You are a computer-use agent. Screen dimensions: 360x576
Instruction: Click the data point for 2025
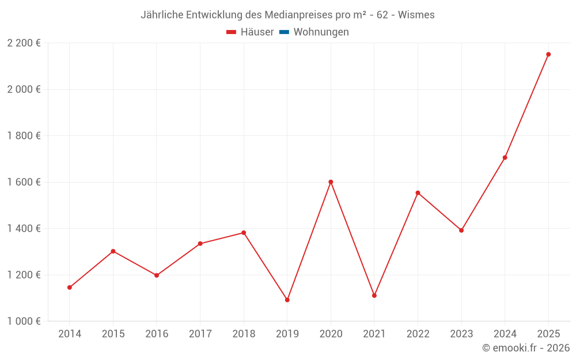[x=548, y=55]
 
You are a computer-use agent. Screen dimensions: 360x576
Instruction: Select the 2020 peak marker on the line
[x=331, y=182]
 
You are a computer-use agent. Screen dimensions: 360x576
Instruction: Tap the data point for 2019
[x=287, y=300]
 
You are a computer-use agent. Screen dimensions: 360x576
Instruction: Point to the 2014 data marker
[x=70, y=287]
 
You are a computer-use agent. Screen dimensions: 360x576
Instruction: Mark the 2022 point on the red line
[x=418, y=193]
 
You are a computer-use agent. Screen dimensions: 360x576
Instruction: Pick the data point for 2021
[x=374, y=295]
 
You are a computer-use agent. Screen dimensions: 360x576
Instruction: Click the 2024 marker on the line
[x=505, y=158]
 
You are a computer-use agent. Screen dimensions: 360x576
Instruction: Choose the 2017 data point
[x=200, y=244]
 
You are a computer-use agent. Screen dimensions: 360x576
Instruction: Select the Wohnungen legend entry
[x=321, y=32]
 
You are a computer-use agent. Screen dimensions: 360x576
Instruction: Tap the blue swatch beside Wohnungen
[x=284, y=32]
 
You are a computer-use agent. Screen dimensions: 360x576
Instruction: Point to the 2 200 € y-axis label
[x=24, y=43]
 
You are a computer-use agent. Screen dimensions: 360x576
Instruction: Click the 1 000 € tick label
[x=24, y=321]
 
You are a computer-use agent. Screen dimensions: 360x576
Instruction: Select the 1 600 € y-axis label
[x=24, y=182]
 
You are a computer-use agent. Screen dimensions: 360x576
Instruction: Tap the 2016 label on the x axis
[x=157, y=334]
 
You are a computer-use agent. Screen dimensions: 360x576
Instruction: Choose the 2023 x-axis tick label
[x=461, y=334]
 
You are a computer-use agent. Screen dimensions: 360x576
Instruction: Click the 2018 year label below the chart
[x=244, y=334]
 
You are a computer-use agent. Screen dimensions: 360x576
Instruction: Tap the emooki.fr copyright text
[x=526, y=348]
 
